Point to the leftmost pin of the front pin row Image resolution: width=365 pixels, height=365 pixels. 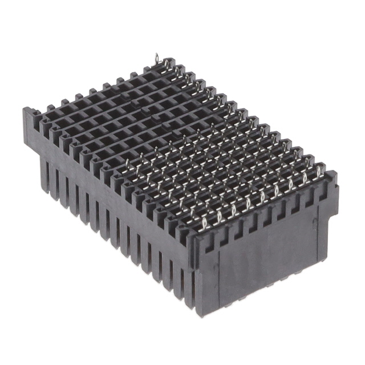(x=128, y=166)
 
